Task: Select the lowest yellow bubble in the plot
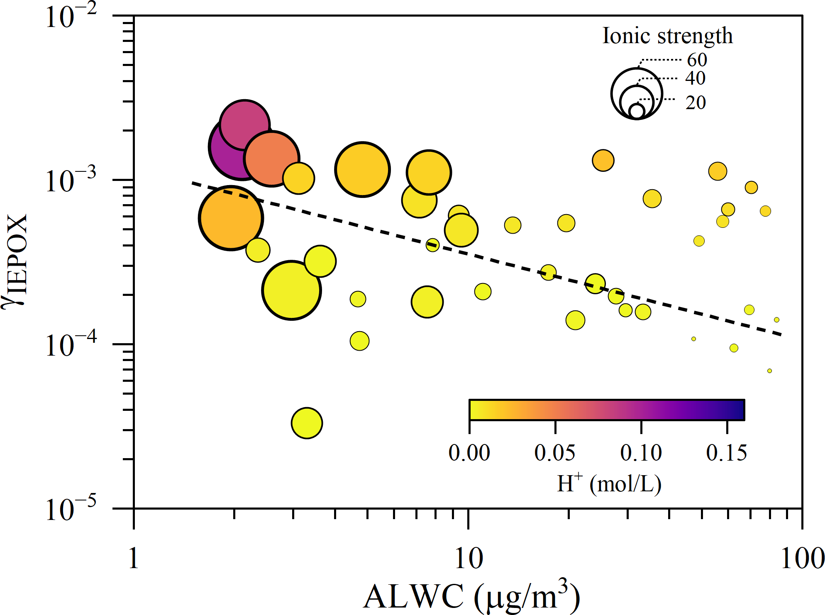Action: (x=307, y=423)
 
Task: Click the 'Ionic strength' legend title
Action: (x=667, y=36)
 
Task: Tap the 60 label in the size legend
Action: (x=697, y=60)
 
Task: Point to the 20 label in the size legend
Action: (x=696, y=102)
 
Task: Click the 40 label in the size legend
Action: (x=695, y=78)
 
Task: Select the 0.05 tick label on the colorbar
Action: (x=555, y=453)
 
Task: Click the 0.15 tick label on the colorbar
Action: (x=727, y=453)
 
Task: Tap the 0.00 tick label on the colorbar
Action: (x=469, y=453)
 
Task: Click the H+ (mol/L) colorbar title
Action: (x=609, y=483)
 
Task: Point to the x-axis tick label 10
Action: (x=469, y=559)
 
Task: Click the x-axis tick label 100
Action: (x=802, y=559)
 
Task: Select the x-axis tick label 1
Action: (x=133, y=559)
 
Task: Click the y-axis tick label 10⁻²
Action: (x=71, y=17)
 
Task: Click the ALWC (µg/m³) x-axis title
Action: (x=471, y=596)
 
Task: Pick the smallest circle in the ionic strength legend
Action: (x=637, y=111)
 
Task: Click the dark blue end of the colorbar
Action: (x=739, y=410)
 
